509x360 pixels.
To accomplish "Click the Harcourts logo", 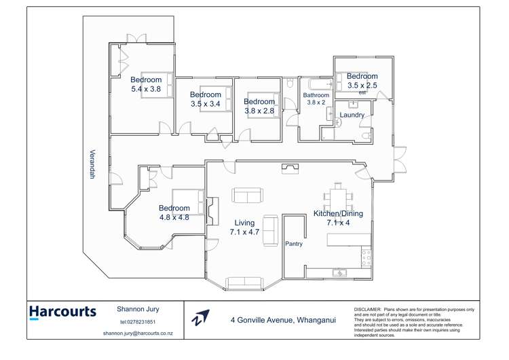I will (62, 312).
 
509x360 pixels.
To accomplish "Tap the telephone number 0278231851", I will (138, 322).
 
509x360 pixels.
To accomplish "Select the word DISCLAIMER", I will (368, 310).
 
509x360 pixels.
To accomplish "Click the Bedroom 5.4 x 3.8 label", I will (146, 84).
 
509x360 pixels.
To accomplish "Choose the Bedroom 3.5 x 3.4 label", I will (205, 99).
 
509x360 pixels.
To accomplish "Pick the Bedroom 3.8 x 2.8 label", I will (259, 106).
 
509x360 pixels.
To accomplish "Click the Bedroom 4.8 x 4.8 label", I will (174, 213).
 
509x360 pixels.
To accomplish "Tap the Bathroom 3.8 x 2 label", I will (316, 99).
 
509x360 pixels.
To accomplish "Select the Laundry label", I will (352, 115).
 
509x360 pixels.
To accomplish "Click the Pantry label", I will (294, 243).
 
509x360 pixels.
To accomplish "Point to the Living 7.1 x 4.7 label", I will (244, 228).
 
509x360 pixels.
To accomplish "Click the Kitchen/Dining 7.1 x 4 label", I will (337, 217).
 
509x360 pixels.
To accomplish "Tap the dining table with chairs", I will (337, 198).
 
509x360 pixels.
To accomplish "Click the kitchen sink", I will (339, 273).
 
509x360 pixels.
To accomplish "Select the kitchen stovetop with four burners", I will (366, 257).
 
